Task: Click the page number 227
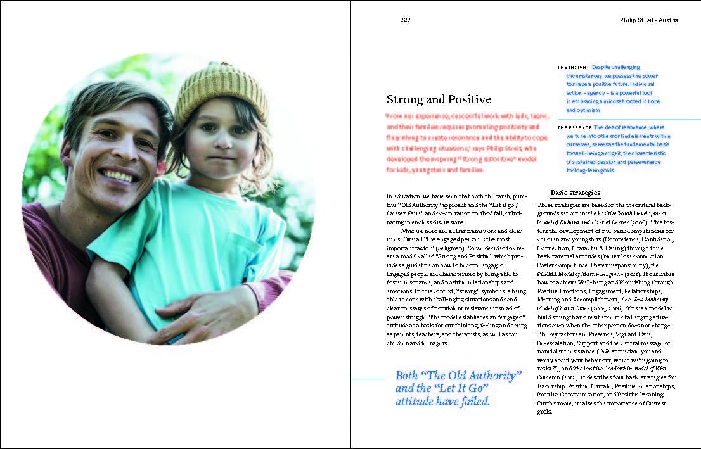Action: (x=406, y=20)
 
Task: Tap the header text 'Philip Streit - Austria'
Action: (x=649, y=20)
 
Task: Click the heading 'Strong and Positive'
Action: (x=439, y=99)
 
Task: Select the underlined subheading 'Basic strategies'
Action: (x=575, y=193)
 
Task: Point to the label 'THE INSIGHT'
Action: (x=574, y=67)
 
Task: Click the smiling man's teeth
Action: (x=119, y=175)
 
